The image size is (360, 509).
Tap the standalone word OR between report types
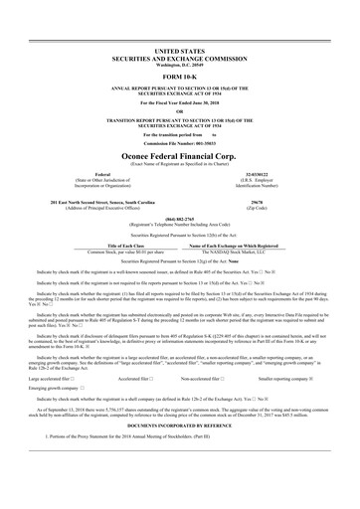click(x=180, y=111)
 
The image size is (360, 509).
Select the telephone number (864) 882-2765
click(x=180, y=218)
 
